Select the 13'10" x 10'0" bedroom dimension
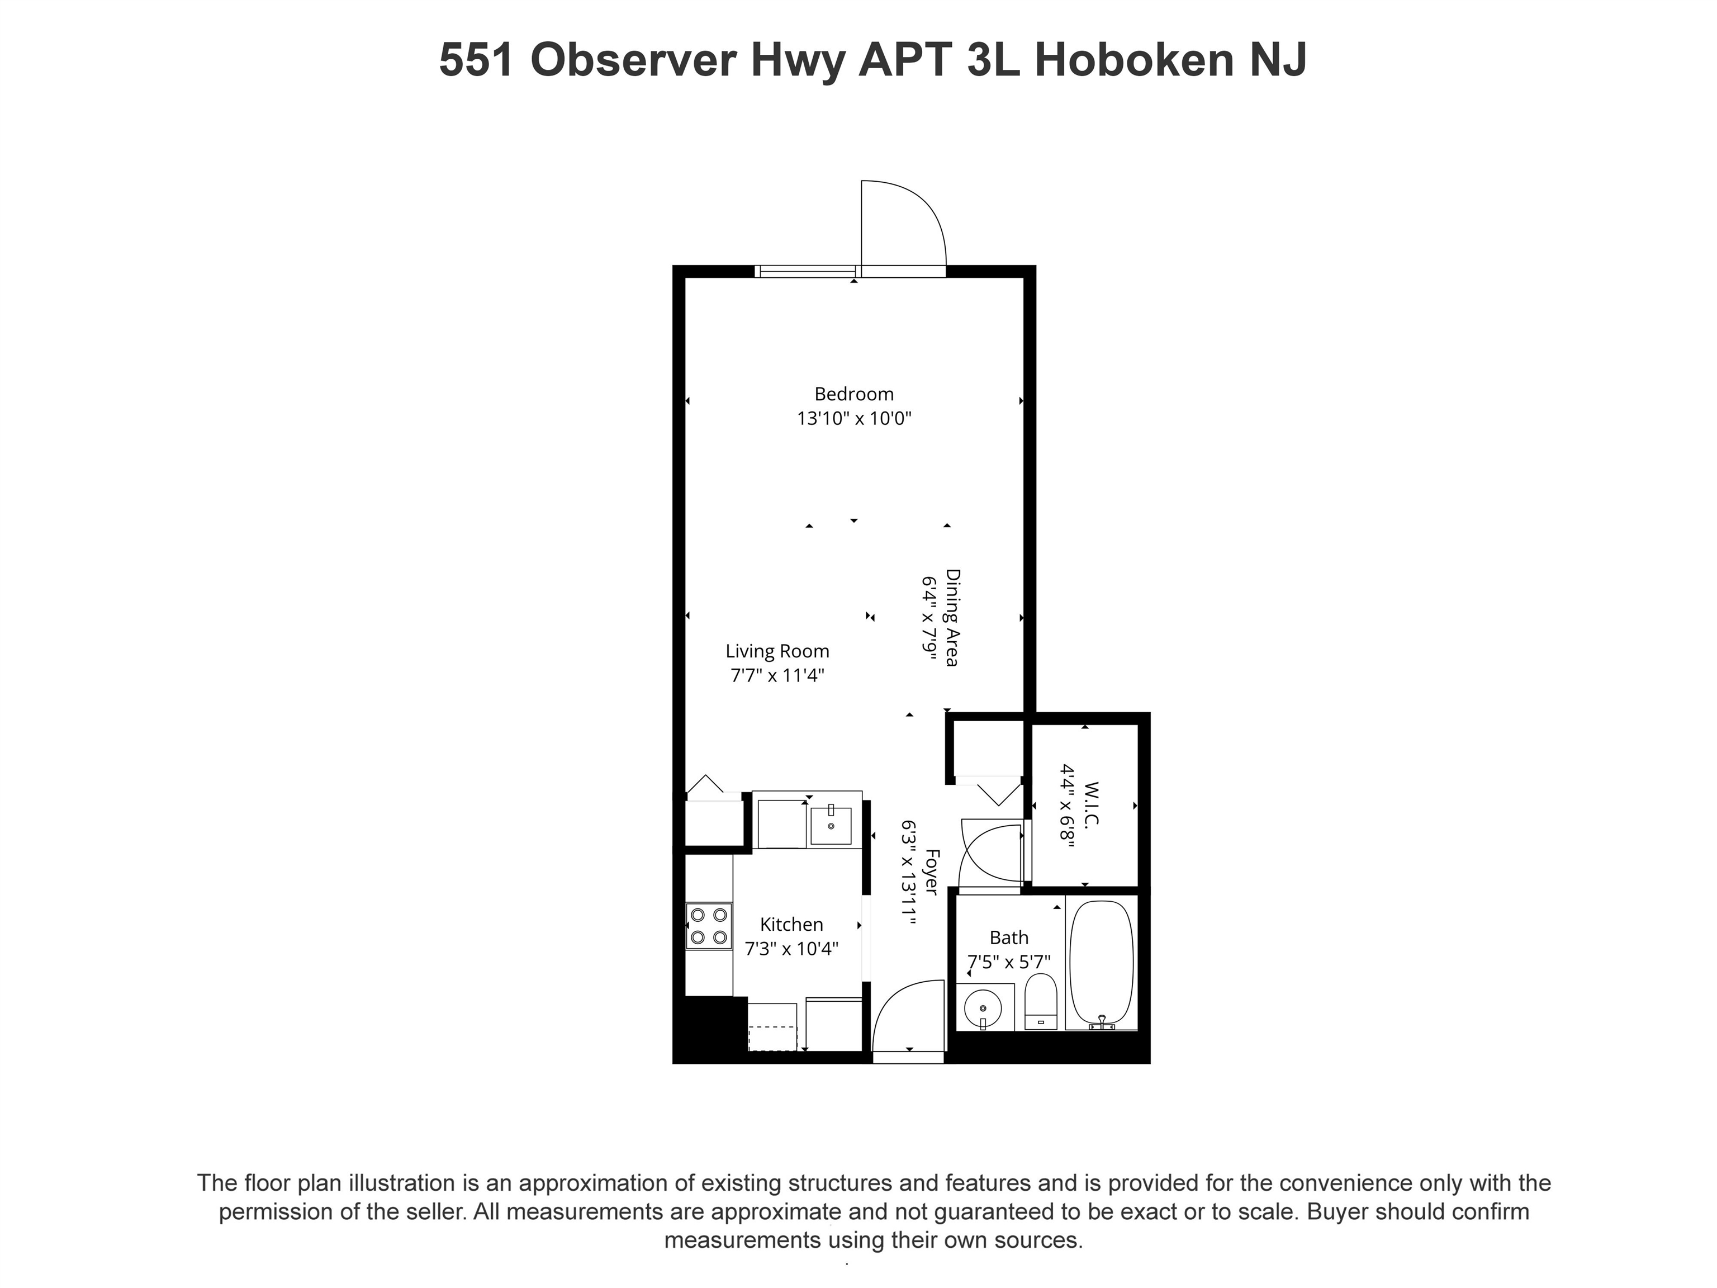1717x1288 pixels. pos(854,419)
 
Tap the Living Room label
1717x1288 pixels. pos(777,651)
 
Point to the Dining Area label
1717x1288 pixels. pos(952,618)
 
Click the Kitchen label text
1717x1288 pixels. pos(791,924)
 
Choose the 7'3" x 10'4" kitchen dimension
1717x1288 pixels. pos(791,949)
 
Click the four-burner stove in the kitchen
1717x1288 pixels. pos(709,925)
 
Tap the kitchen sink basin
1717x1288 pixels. pos(831,825)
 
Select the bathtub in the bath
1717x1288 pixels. pos(1102,963)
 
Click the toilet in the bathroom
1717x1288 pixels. pos(1041,1002)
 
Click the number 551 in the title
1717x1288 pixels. pos(476,59)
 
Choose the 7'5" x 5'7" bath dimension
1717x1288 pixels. pos(1008,962)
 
